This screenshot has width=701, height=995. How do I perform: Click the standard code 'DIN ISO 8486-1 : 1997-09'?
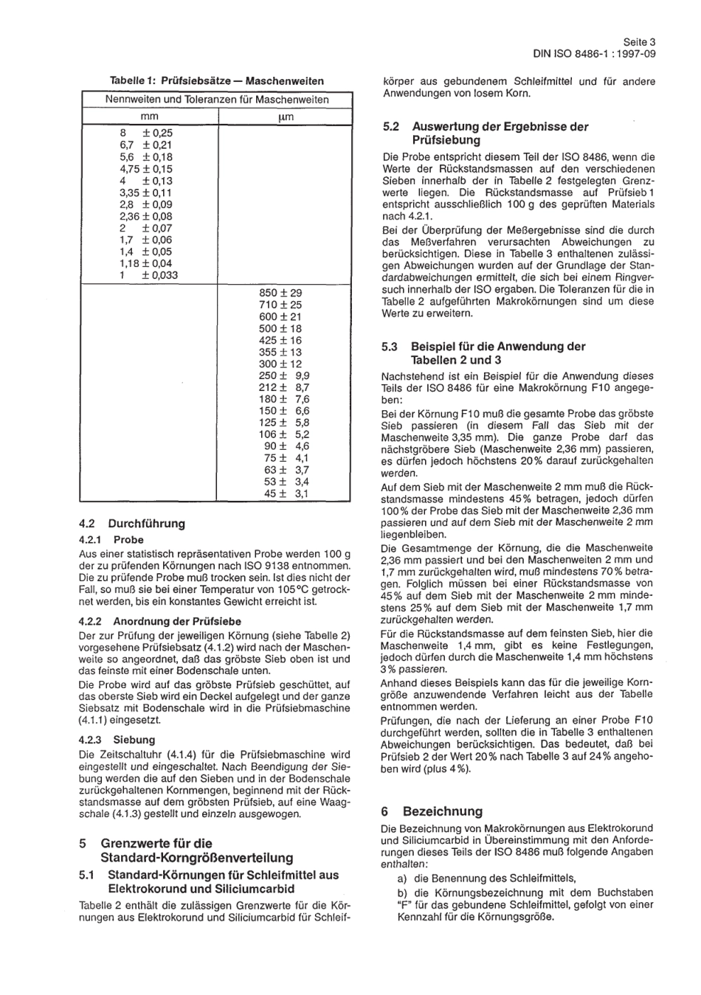coord(594,54)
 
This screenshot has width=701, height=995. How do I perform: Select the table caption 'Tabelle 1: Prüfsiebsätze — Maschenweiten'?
coord(216,80)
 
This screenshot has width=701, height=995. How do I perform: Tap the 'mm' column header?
coord(149,117)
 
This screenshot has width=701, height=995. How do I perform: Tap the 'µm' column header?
coord(286,117)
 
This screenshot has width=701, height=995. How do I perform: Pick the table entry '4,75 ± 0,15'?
coord(145,169)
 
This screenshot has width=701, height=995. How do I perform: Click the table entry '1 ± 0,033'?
coord(148,275)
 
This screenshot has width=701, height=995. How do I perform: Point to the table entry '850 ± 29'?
coord(280,293)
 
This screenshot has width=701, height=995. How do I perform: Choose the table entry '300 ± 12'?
coord(280,364)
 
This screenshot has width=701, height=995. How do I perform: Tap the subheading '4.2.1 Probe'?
coord(111,540)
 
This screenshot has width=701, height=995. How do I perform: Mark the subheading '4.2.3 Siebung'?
coord(117,739)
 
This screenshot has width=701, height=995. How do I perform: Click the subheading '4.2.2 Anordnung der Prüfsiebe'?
coord(159,621)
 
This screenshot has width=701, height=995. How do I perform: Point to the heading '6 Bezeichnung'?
coord(432,811)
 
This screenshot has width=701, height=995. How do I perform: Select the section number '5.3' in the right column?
coord(390,347)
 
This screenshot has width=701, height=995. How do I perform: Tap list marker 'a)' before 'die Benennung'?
coord(402,878)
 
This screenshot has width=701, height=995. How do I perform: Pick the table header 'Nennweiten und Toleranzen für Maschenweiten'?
coord(217,99)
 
